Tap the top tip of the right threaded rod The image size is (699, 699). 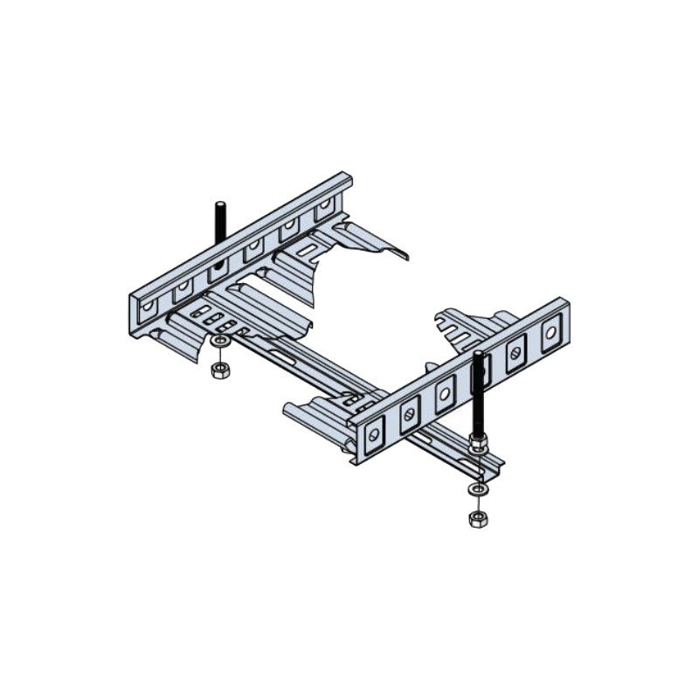479,355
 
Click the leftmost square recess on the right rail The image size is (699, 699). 374,432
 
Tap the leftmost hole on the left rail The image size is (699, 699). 148,307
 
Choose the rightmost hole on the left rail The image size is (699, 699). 324,208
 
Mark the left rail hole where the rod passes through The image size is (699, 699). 218,266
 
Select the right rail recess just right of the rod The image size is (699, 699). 516,352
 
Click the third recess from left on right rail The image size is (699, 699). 444,392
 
